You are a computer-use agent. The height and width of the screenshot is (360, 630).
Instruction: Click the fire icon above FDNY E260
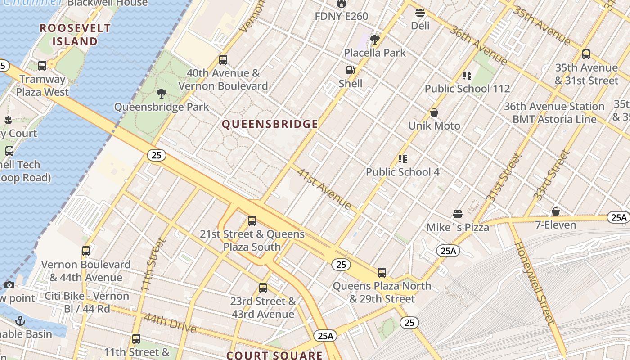pyautogui.click(x=342, y=4)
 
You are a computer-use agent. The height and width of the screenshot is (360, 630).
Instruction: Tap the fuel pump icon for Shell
pyautogui.click(x=350, y=70)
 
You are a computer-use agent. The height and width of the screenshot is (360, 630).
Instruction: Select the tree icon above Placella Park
pyautogui.click(x=374, y=40)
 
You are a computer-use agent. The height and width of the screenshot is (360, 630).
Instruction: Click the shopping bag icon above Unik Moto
pyautogui.click(x=434, y=112)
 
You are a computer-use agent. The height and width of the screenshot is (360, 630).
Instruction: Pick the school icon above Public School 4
pyautogui.click(x=402, y=159)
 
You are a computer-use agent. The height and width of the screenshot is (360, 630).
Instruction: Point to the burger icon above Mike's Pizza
pyautogui.click(x=458, y=214)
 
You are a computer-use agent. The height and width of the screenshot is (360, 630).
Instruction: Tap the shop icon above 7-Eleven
pyautogui.click(x=556, y=211)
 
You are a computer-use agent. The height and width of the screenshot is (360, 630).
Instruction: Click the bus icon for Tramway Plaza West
pyautogui.click(x=42, y=66)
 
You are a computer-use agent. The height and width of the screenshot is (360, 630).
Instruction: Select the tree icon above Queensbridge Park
pyautogui.click(x=161, y=94)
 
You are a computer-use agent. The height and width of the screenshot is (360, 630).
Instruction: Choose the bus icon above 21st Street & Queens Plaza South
pyautogui.click(x=252, y=221)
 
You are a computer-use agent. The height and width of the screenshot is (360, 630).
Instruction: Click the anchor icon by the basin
pyautogui.click(x=20, y=321)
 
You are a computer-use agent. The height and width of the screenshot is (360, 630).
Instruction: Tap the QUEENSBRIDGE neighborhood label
pyautogui.click(x=270, y=125)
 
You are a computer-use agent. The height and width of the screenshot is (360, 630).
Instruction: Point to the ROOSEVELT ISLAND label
pyautogui.click(x=75, y=35)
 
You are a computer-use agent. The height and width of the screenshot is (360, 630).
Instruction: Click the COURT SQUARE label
pyautogui.click(x=274, y=355)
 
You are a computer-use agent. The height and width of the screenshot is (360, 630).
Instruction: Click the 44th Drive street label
pyautogui.click(x=170, y=324)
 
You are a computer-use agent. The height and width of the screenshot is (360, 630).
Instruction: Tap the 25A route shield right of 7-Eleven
pyautogui.click(x=619, y=218)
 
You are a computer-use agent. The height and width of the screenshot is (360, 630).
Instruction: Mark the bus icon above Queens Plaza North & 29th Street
pyautogui.click(x=382, y=272)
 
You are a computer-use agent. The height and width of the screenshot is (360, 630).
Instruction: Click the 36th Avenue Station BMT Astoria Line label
pyautogui.click(x=554, y=113)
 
